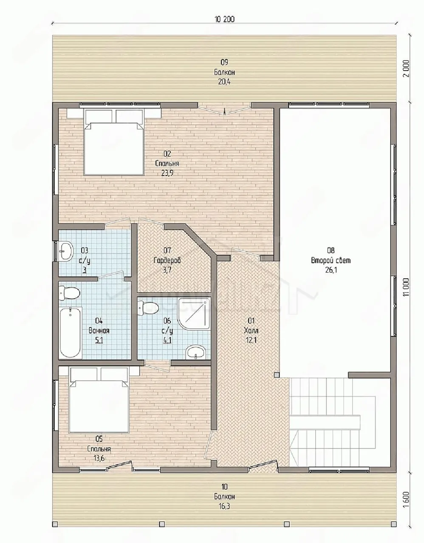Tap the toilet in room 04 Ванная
point(69,293)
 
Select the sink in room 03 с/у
point(66,251)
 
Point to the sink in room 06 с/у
point(196,352)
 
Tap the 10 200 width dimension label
point(224,19)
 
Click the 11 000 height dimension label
point(406,287)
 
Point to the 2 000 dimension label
point(407,69)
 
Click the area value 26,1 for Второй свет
point(331,270)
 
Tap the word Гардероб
point(167,260)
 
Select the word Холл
point(251,330)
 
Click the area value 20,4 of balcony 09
point(224,82)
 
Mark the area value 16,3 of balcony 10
point(224,506)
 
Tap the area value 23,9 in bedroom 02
point(167,173)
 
